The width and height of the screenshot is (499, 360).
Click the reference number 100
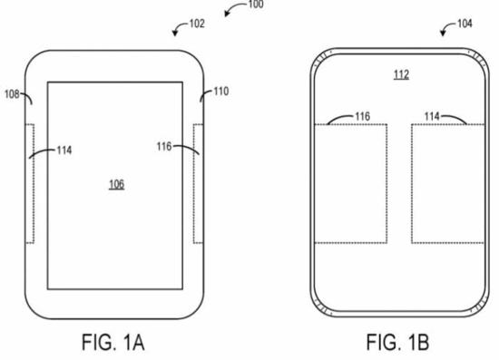pos(256,5)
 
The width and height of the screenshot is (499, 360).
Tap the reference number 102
pos(197,24)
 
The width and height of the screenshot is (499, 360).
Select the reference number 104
pos(465,24)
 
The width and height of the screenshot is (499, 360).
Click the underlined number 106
pos(117,184)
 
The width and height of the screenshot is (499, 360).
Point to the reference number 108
pos(12,94)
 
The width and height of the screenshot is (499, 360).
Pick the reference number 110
pos(221,92)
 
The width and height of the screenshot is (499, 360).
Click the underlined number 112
pos(401,74)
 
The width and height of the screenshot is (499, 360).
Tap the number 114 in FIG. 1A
pos(64,151)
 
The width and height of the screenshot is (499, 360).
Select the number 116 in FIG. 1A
pos(164,147)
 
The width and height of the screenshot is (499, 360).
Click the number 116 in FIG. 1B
pos(363,116)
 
